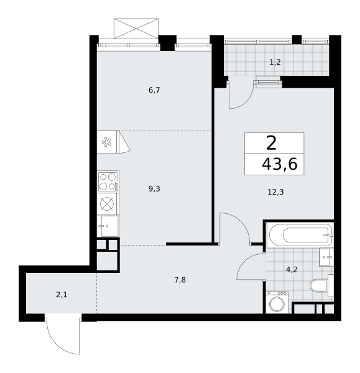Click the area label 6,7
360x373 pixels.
click(x=154, y=90)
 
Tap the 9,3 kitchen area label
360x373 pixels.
click(x=154, y=189)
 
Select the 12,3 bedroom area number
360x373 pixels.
click(x=275, y=191)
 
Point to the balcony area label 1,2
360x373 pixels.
click(x=275, y=62)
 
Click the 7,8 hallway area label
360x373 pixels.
click(x=180, y=280)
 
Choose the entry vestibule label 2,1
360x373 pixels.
click(x=62, y=295)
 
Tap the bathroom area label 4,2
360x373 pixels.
click(x=292, y=270)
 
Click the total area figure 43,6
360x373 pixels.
click(x=279, y=164)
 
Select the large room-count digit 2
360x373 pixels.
click(x=271, y=143)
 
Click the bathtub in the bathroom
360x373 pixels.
click(x=300, y=235)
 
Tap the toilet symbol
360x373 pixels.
click(x=321, y=285)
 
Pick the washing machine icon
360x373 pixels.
click(x=277, y=302)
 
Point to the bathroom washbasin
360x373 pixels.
click(x=326, y=257)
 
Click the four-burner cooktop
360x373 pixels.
click(x=108, y=182)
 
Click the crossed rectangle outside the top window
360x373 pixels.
click(x=136, y=29)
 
